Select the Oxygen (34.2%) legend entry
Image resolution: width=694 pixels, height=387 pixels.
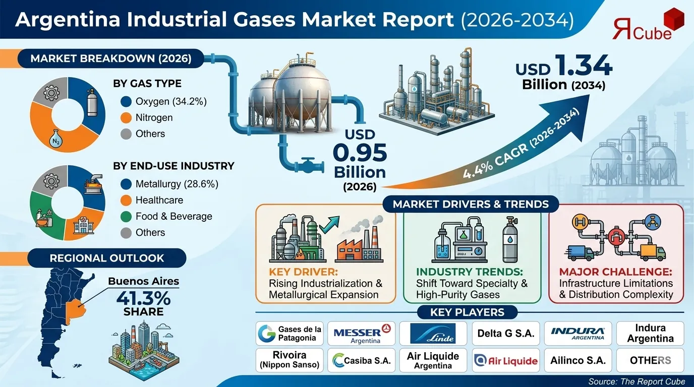tap(164, 101)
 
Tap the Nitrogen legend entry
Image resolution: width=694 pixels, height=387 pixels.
tap(147, 117)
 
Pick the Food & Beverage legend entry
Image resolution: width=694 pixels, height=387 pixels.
tap(167, 216)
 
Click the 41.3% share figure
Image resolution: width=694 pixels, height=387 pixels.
tap(143, 298)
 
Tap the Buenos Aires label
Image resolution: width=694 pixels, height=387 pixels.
tap(144, 281)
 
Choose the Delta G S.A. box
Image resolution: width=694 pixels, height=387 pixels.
tap(506, 333)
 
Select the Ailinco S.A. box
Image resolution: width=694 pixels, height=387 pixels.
tap(577, 360)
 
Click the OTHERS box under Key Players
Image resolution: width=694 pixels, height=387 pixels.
tap(650, 360)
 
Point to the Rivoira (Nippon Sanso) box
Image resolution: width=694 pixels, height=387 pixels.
tap(290, 360)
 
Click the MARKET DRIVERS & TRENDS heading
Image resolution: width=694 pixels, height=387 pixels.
tap(471, 204)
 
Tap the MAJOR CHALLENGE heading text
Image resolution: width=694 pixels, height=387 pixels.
tap(615, 272)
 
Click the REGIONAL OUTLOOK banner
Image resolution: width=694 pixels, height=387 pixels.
tap(107, 258)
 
